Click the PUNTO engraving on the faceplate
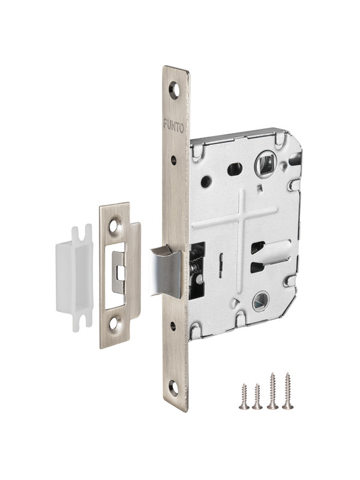tap(173, 125)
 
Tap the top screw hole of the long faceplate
tap(174, 90)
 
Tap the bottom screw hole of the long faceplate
tap(173, 388)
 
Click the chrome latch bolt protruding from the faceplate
tap(165, 271)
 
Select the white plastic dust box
tap(74, 278)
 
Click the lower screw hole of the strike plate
tap(115, 323)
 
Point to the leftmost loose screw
tap(244, 396)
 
